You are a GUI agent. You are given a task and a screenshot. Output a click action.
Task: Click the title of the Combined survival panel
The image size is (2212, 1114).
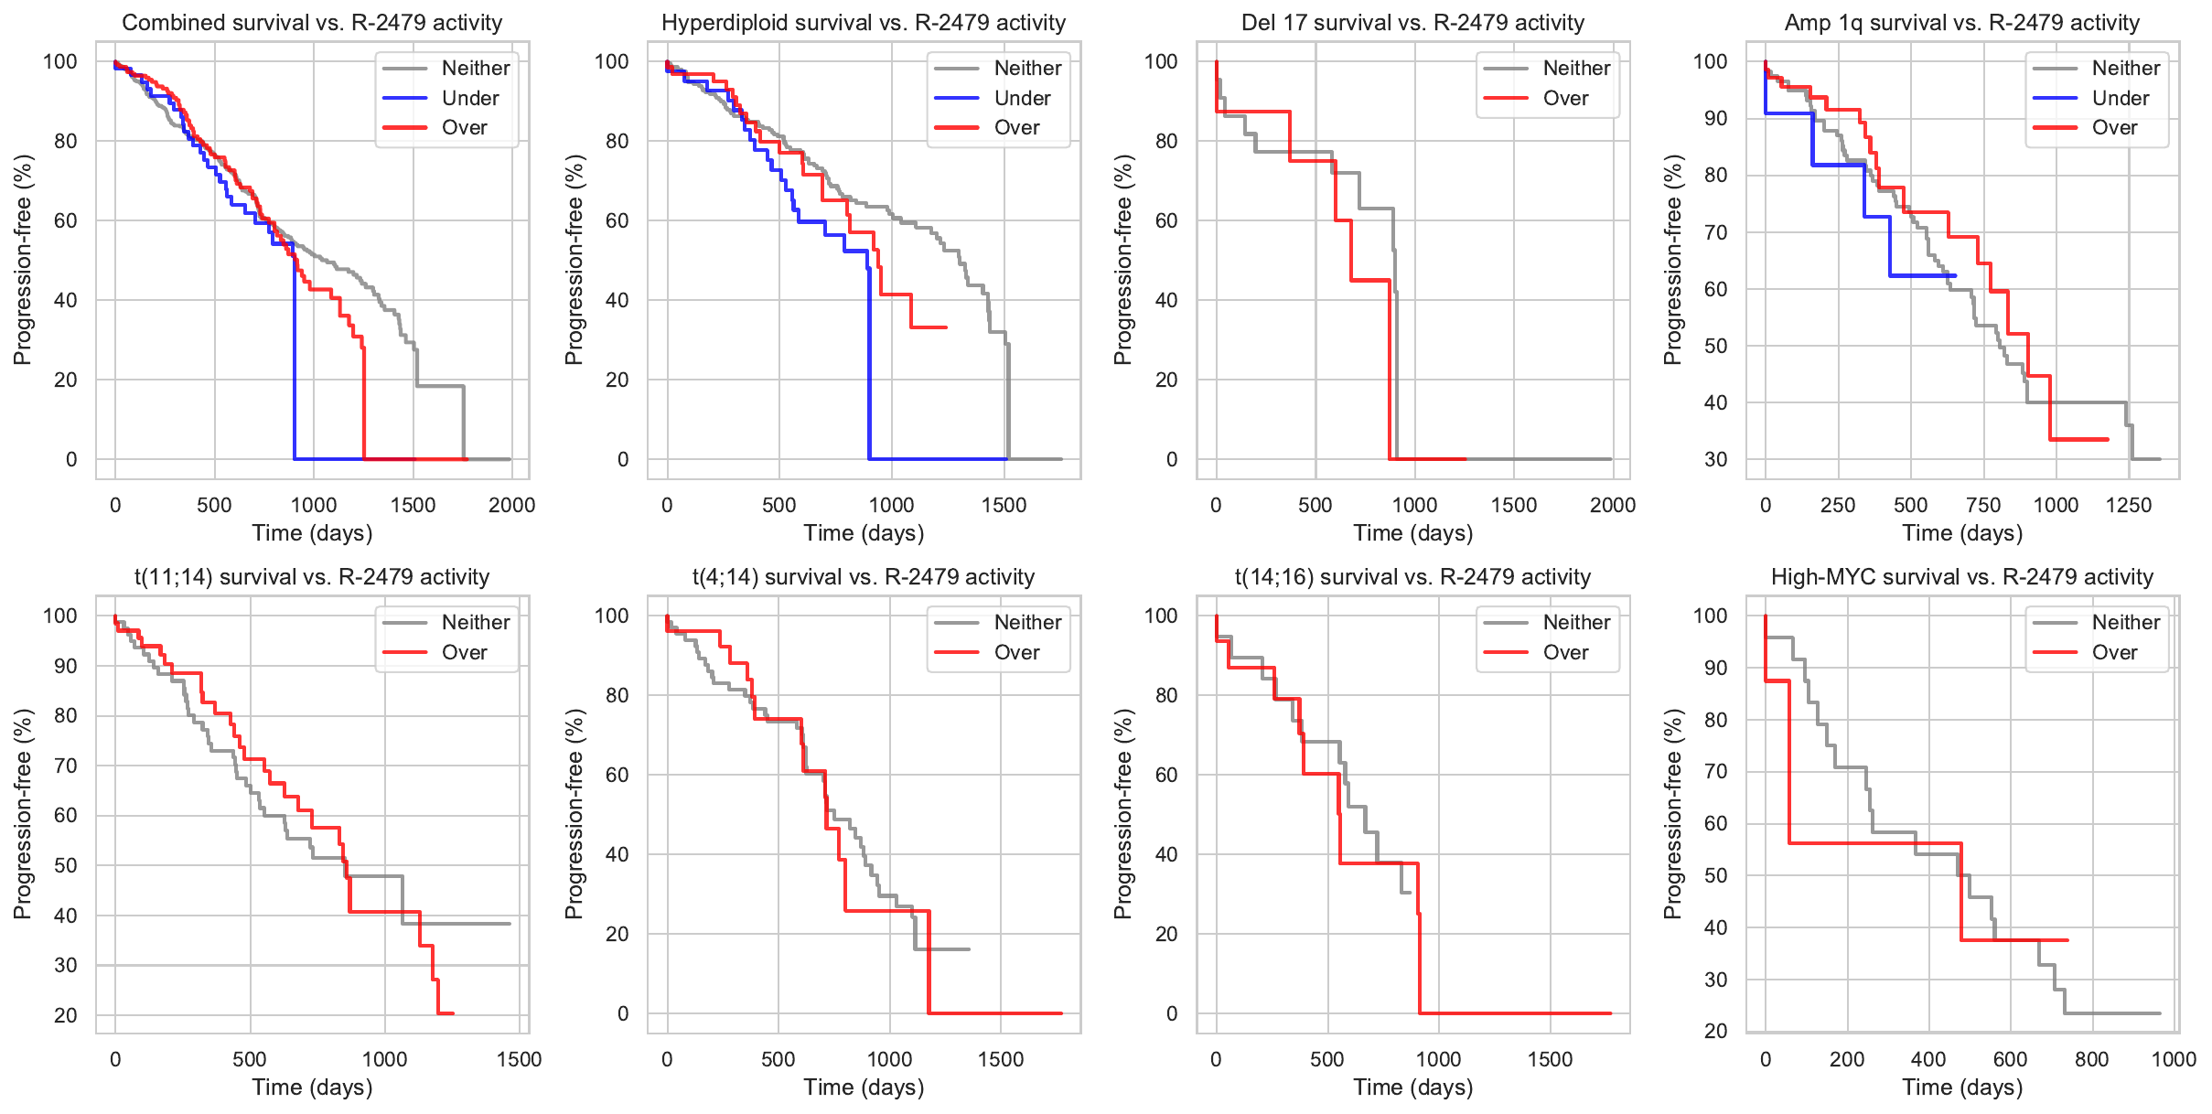click(x=312, y=23)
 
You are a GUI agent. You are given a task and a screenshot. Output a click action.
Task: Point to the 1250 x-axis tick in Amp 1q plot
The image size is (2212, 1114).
click(x=2129, y=505)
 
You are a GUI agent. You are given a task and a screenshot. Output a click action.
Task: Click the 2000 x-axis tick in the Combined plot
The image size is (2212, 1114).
click(x=511, y=505)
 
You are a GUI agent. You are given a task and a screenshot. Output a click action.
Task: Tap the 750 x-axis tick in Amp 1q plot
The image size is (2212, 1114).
click(x=1983, y=505)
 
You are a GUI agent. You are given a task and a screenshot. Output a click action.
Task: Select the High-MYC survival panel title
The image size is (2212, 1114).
click(x=1962, y=577)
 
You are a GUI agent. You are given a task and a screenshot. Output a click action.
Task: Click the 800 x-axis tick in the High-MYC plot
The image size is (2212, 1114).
click(x=2091, y=1059)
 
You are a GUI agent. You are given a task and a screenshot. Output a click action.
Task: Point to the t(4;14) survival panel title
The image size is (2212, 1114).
click(x=864, y=577)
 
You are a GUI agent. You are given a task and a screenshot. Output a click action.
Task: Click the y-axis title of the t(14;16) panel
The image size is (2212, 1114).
click(x=1123, y=814)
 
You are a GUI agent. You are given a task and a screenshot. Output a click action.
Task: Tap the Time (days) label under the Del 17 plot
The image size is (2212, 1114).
click(x=1413, y=533)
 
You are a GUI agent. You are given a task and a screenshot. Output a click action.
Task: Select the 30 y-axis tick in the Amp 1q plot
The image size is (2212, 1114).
click(x=1716, y=459)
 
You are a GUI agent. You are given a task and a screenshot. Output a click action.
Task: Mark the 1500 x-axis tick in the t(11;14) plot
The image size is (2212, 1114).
click(x=520, y=1059)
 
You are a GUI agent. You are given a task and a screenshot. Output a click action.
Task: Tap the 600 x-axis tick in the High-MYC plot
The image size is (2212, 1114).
click(x=2010, y=1059)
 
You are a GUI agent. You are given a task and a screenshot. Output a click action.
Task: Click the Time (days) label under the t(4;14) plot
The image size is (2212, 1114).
click(x=864, y=1087)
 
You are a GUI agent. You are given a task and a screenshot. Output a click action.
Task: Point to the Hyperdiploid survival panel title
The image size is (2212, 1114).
click(x=864, y=23)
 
